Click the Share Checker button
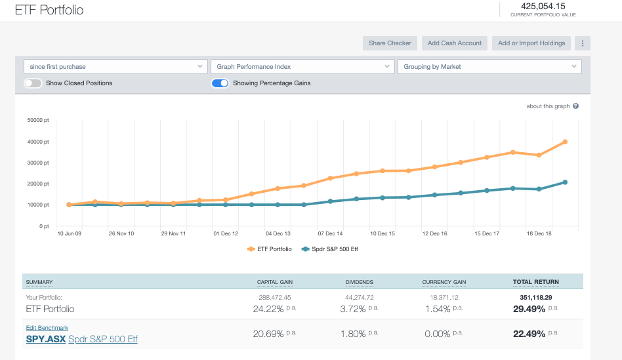coord(390,43)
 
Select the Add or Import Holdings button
coord(531,43)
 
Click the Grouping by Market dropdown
coord(489,66)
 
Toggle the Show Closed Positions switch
coord(33,83)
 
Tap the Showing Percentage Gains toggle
coord(220,83)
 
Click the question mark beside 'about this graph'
coord(575,106)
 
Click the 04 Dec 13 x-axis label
coord(278,233)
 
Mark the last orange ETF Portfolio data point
coord(565,142)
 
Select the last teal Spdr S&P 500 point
coord(565,182)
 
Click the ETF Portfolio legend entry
coord(270,249)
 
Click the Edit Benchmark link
coord(47,328)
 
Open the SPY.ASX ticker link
coord(45,339)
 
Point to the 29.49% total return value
coord(529,334)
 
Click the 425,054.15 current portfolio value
coord(543,6)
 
